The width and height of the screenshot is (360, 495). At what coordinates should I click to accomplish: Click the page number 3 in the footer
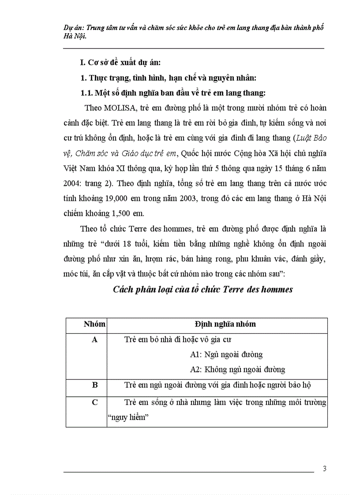pos(325,469)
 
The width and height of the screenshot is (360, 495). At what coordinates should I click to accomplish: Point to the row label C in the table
pos(95,402)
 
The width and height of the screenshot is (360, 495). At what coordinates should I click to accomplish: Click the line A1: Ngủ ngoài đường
pos(226,354)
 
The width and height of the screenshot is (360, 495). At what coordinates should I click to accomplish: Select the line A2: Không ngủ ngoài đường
pos(237,369)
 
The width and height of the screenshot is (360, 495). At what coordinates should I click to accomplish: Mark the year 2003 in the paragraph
pos(186,199)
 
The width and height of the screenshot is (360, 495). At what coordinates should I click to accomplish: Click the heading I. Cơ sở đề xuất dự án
pos(126,63)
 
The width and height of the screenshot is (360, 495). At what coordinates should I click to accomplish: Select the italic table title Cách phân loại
pos(203,290)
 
